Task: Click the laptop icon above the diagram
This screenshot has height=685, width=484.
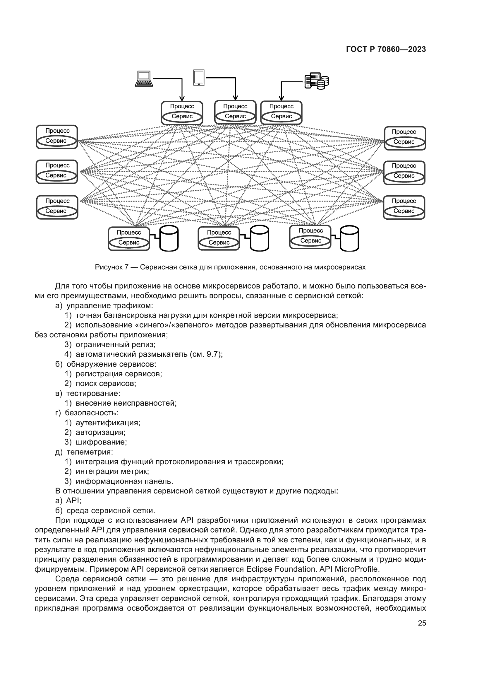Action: click(144, 79)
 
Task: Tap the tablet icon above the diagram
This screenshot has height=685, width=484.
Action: click(199, 78)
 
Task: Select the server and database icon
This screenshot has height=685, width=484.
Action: click(317, 81)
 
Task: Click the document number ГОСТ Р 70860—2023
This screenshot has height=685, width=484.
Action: click(386, 49)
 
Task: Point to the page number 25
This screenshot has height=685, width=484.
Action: click(422, 623)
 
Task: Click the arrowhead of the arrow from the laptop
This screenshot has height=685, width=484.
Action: click(182, 98)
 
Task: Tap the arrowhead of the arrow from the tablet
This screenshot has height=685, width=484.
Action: click(235, 98)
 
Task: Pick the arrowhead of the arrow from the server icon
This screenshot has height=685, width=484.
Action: click(281, 98)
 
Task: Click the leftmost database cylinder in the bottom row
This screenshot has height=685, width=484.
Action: click(169, 238)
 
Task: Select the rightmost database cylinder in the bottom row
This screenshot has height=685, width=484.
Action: click(349, 238)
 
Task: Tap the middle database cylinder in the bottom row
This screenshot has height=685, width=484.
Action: click(259, 238)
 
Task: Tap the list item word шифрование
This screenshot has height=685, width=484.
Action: click(101, 442)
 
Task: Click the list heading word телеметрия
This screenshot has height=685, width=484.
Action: click(90, 452)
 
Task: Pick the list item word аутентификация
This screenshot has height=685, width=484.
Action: click(108, 423)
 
